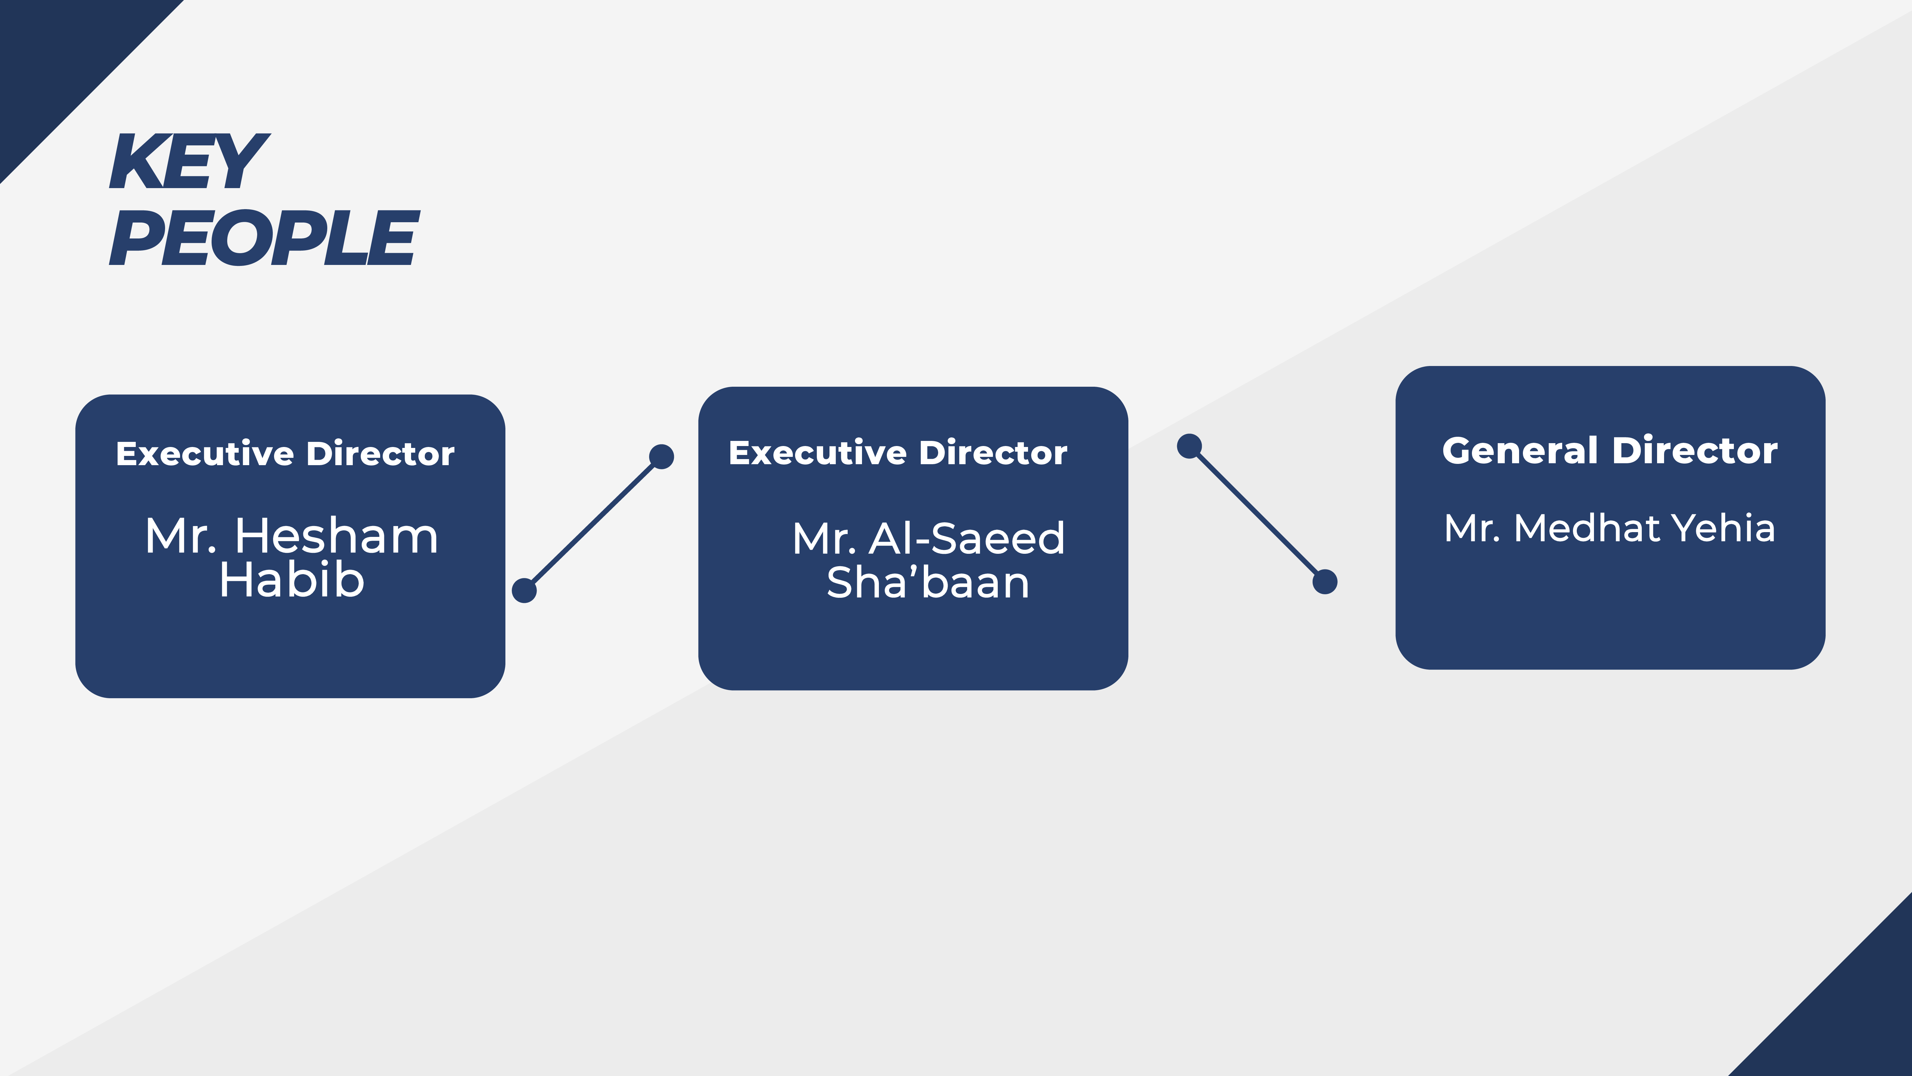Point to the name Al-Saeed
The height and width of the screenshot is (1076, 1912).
pyautogui.click(x=967, y=538)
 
